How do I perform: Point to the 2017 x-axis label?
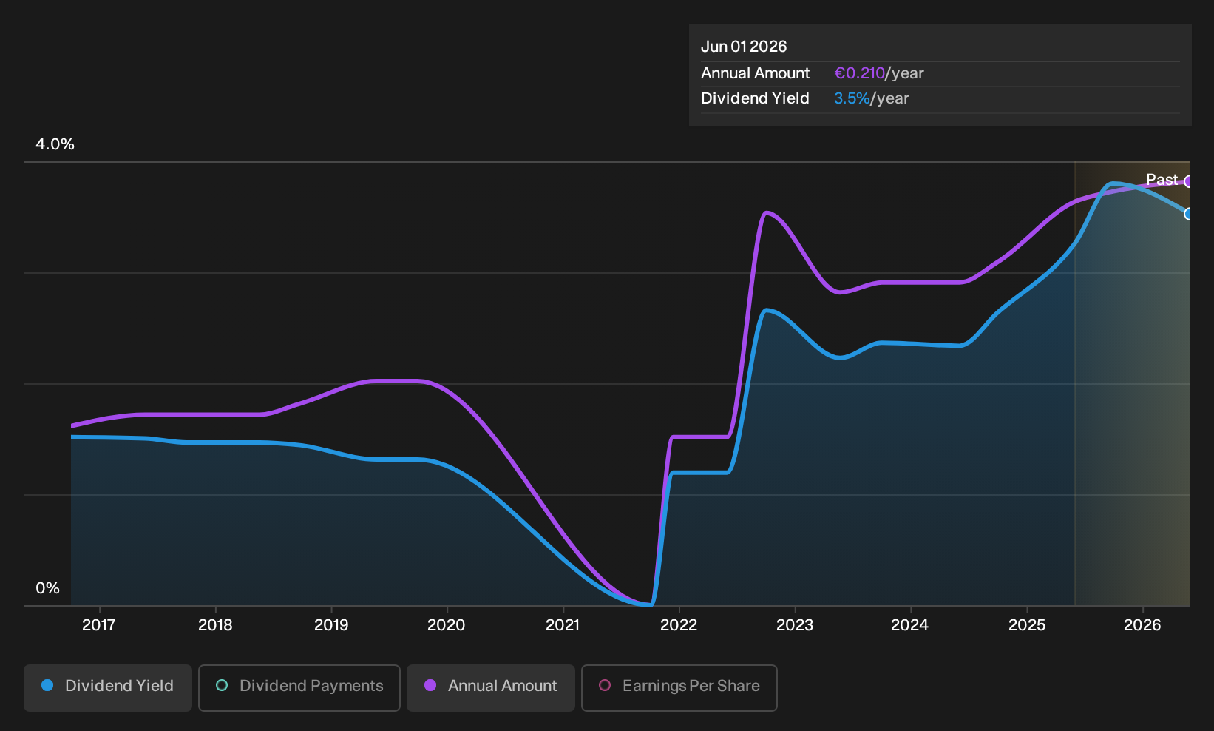click(x=99, y=625)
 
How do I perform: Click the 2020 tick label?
click(x=447, y=625)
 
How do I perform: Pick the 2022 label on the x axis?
click(x=679, y=625)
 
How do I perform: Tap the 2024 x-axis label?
click(x=910, y=625)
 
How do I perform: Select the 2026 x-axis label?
click(x=1142, y=625)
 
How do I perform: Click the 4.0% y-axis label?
click(x=55, y=144)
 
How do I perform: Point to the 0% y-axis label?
click(x=48, y=588)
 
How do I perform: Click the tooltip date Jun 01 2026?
click(x=744, y=47)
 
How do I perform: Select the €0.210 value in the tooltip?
click(x=860, y=73)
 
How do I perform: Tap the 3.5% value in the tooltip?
click(x=852, y=98)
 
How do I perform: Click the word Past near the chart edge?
click(x=1162, y=180)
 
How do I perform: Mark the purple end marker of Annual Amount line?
click(x=1188, y=182)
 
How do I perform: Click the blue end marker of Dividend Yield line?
click(x=1188, y=215)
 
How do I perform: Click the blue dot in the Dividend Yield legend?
click(x=48, y=685)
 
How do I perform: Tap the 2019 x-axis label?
click(x=331, y=625)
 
